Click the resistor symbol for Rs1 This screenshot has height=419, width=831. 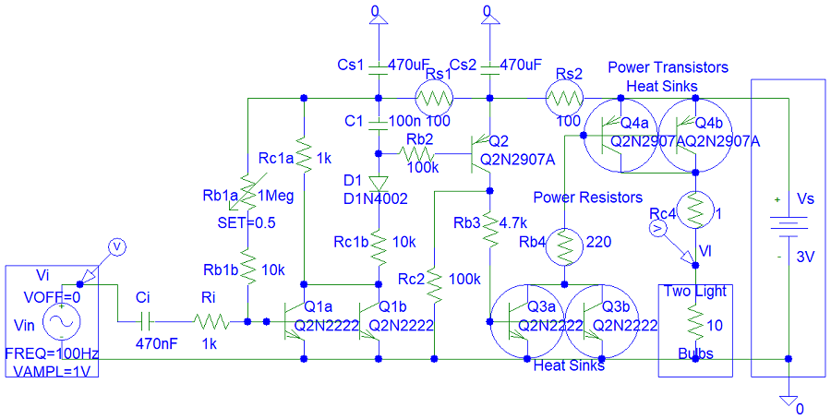click(433, 97)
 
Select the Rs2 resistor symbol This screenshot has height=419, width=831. click(564, 97)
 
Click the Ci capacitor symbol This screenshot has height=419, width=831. click(144, 321)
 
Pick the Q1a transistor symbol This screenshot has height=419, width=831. click(295, 321)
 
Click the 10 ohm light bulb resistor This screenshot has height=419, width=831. click(694, 323)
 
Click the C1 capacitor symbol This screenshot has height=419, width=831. click(378, 122)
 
